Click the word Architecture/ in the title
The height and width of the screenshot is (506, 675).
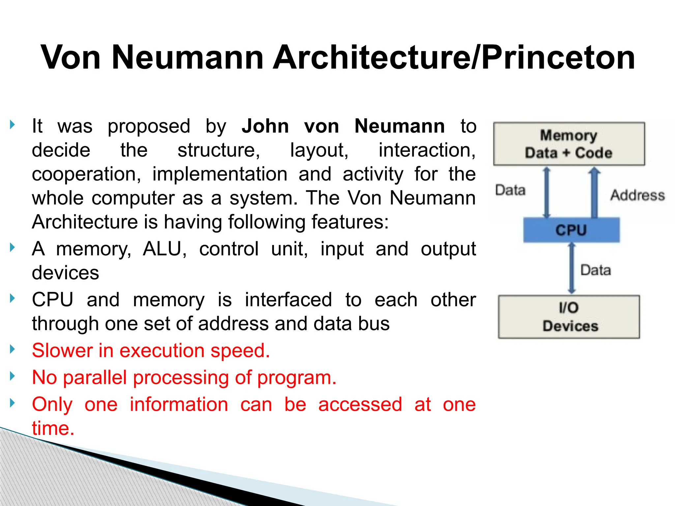point(376,58)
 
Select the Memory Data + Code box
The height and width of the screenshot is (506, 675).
point(569,144)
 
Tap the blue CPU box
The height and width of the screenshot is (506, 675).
point(571,230)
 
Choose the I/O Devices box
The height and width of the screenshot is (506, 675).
point(569,317)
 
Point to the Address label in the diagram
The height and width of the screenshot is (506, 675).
point(637,195)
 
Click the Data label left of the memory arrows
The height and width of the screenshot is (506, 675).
point(510,190)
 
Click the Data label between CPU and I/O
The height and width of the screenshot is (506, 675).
point(595,270)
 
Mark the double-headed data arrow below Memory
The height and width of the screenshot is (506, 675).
point(547,193)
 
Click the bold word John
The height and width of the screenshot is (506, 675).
point(265,126)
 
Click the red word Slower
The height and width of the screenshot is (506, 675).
point(62,351)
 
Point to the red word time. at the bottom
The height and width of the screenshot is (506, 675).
point(53,428)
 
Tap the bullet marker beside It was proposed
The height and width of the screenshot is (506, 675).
point(13,125)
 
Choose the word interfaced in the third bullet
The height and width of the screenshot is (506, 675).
point(288,300)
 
